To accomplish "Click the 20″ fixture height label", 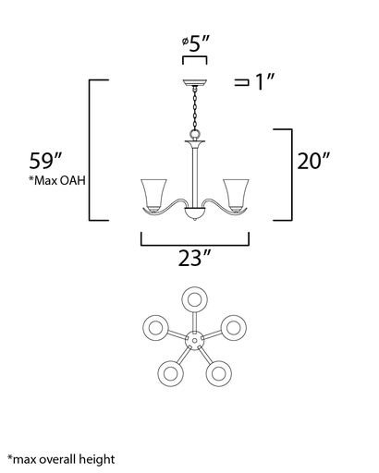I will [x=314, y=160].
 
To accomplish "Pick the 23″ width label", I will [x=194, y=260].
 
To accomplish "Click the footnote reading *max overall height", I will [x=61, y=458].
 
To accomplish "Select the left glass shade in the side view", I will [x=154, y=193].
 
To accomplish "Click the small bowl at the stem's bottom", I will [x=194, y=215].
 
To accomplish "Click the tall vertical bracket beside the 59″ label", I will [x=90, y=150].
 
